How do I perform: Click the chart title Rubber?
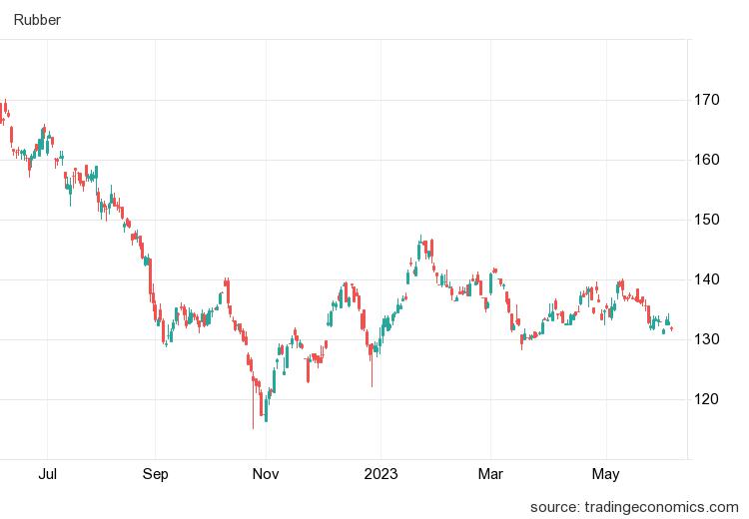point(36,20)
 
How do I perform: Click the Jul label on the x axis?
point(47,474)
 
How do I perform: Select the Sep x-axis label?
point(155,474)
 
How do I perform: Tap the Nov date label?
point(265,474)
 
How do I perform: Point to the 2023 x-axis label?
point(380,474)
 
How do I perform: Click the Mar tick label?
point(489,474)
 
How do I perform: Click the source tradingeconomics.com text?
point(634,506)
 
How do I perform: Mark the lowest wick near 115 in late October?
point(253,426)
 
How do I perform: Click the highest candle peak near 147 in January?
point(420,239)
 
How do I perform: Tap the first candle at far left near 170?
point(4,106)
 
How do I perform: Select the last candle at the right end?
point(672,328)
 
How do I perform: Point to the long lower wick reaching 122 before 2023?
point(372,384)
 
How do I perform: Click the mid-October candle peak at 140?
point(228,280)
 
